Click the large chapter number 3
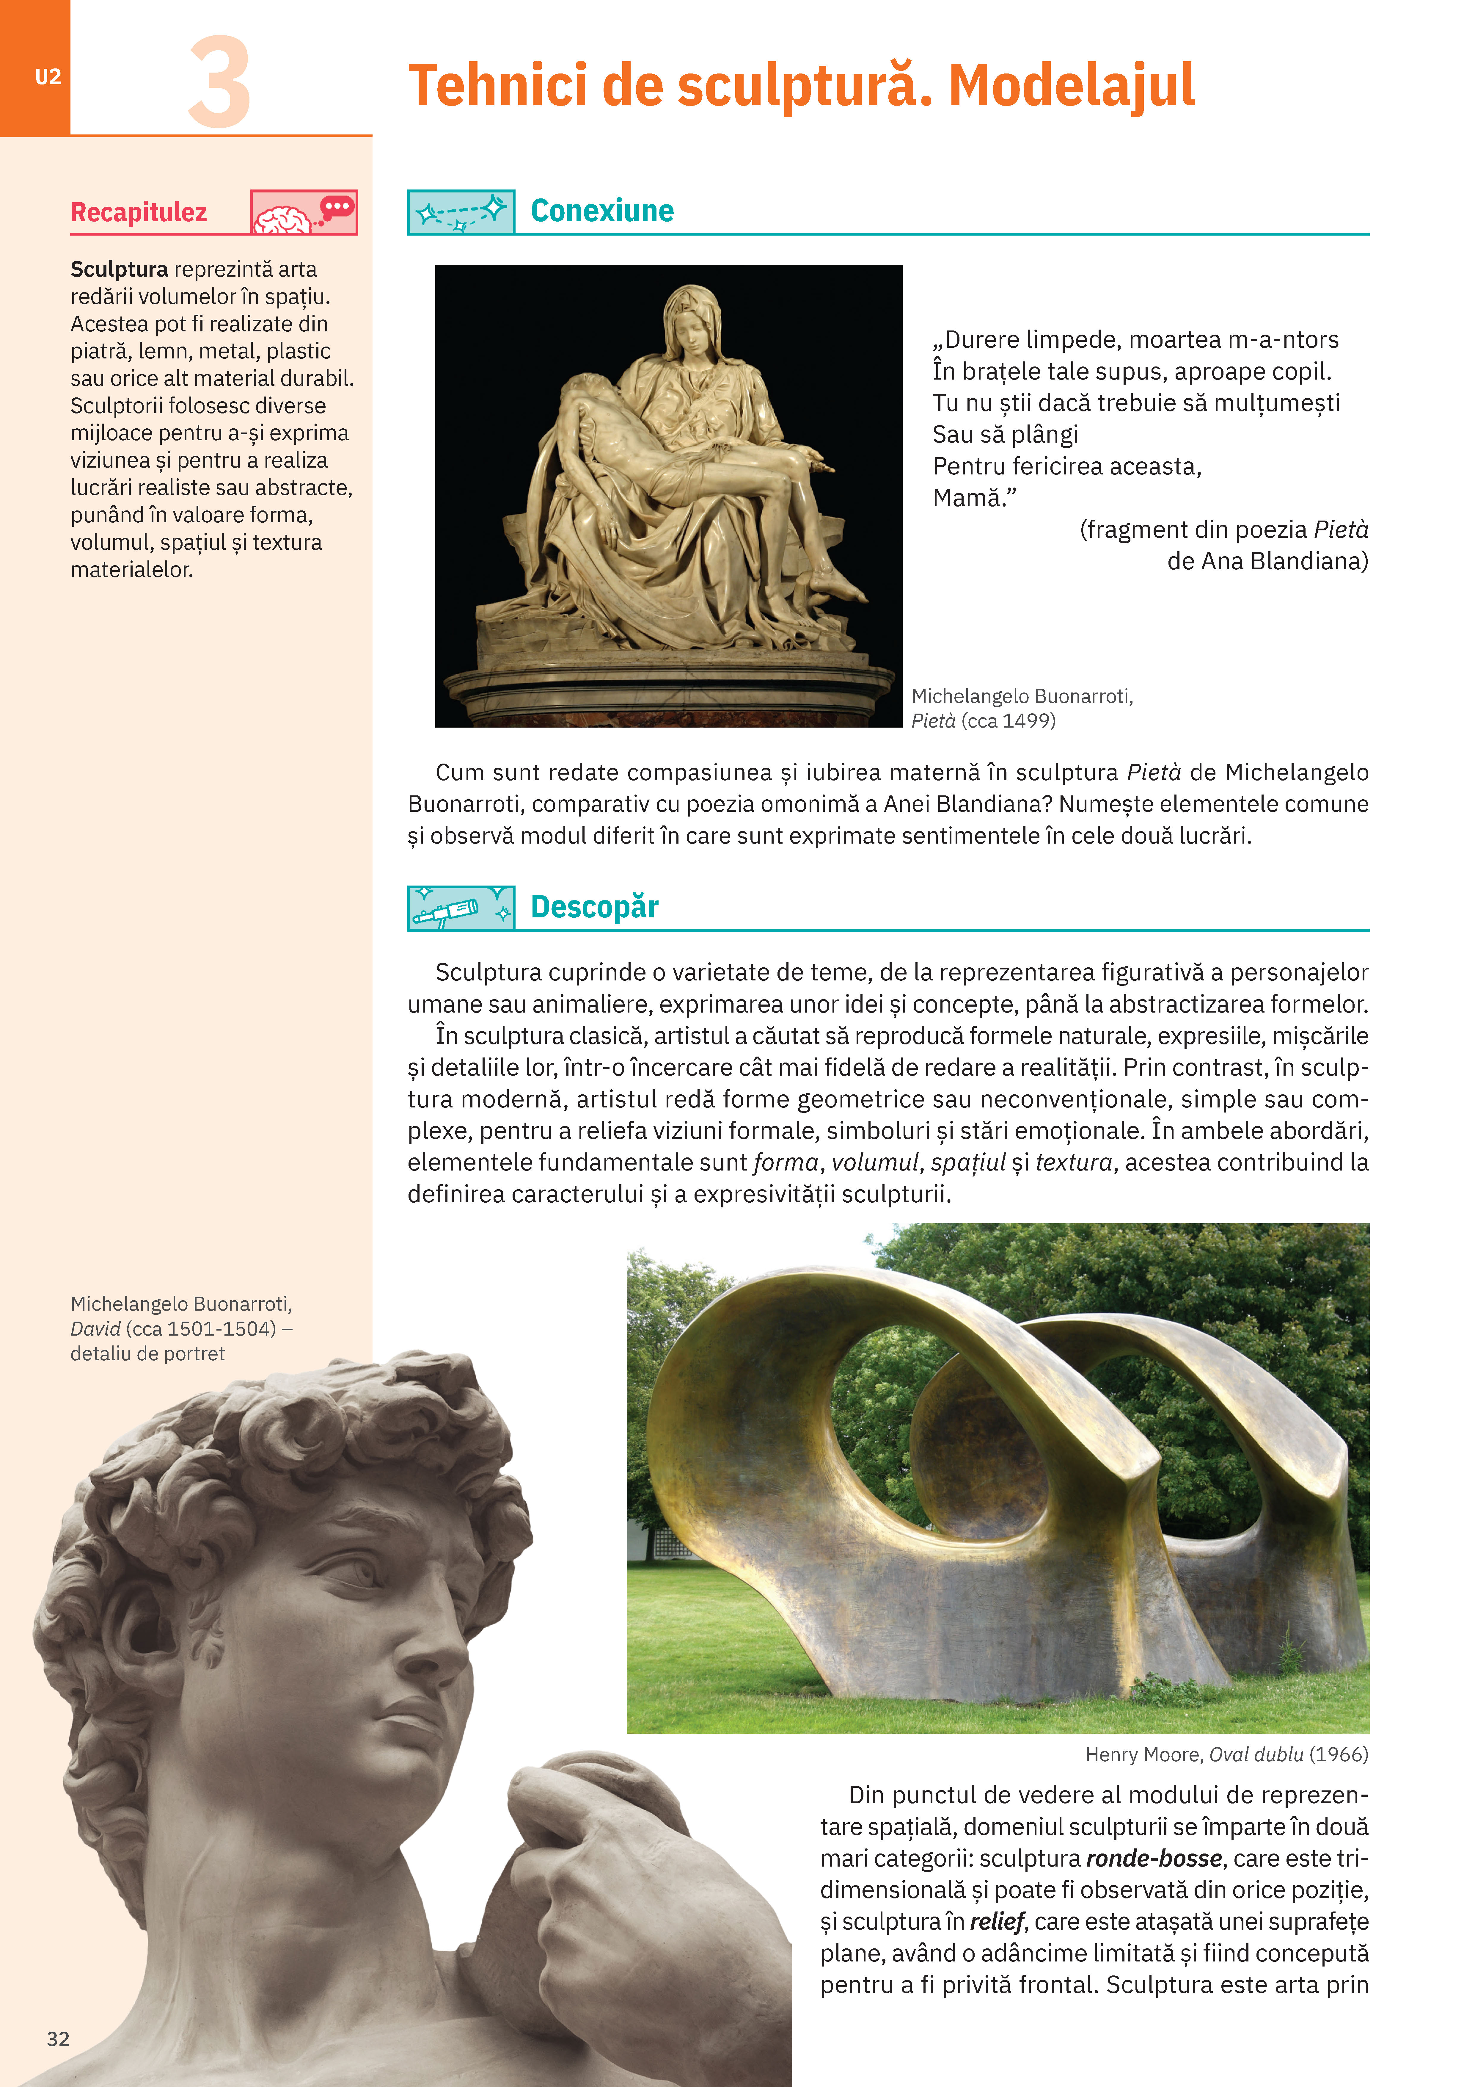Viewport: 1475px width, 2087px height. click(x=219, y=84)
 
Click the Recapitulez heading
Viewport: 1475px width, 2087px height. click(x=139, y=213)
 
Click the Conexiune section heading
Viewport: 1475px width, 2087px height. click(x=602, y=211)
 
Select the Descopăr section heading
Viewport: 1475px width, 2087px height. click(x=594, y=907)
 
